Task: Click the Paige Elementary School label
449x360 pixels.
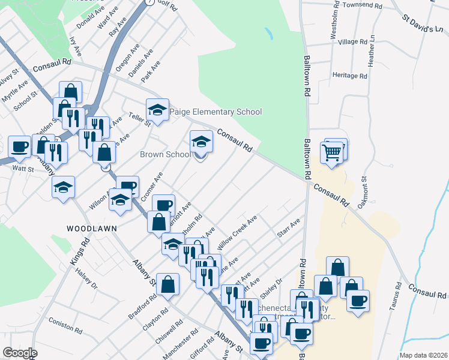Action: click(216, 112)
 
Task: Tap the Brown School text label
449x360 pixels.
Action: click(165, 154)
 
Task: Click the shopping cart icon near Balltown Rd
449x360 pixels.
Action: click(334, 152)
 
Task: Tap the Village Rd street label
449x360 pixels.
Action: click(352, 42)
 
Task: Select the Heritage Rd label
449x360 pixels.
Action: click(350, 76)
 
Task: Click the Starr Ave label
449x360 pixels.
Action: click(288, 229)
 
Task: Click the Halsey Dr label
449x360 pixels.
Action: click(86, 278)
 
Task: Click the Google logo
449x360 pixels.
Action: click(20, 353)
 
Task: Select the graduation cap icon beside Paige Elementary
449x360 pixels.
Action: click(158, 110)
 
